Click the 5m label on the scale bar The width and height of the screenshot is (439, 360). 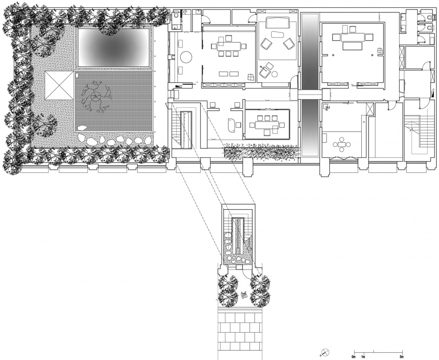[402, 357]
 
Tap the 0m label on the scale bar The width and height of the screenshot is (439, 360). [353, 357]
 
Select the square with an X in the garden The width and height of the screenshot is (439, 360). [59, 85]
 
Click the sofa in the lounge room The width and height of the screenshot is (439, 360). [278, 23]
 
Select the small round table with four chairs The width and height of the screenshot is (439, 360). [342, 144]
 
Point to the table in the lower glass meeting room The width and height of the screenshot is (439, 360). [267, 124]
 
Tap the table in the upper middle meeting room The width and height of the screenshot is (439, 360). [229, 46]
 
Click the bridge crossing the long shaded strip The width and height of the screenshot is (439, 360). [310, 95]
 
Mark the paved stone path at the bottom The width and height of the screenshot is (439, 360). [240, 332]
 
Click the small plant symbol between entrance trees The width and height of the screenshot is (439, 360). [244, 295]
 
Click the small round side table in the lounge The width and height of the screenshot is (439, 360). [274, 74]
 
